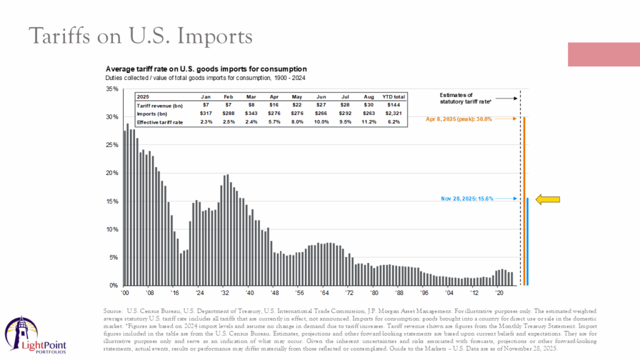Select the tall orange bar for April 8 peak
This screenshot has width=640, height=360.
coord(524,200)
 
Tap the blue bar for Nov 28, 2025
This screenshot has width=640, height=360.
coord(527,241)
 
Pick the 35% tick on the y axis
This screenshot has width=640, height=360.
coord(112,89)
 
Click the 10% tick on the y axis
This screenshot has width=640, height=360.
coord(112,229)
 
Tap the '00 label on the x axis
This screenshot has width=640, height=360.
coord(125,292)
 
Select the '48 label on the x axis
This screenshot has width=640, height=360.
coord(275,292)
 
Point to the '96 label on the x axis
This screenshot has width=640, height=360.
coord(424,292)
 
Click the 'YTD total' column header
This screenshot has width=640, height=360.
coord(394,97)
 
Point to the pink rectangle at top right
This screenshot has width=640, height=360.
coord(603,55)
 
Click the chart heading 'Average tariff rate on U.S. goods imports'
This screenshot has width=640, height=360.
coord(206,68)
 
